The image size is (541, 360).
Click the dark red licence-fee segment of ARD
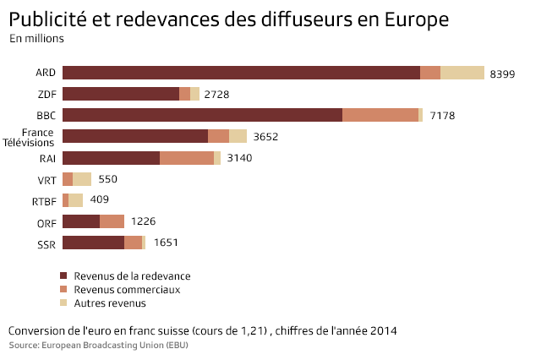pos(241,73)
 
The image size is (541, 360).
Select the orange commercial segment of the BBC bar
pos(380,115)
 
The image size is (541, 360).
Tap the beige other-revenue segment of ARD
pos(462,73)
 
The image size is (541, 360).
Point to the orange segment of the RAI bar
pos(186,158)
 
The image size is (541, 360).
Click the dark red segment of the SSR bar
pos(93,243)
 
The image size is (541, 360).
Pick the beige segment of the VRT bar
pos(82,179)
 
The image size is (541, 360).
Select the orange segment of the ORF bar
pos(112,221)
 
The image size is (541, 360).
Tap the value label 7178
pos(442,116)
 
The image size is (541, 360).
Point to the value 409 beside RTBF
pos(100,200)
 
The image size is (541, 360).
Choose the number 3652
pos(265,137)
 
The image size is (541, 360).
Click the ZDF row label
pos(46,95)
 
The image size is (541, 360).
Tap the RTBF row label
pos(43,201)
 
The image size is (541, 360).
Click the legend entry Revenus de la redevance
pos(132,276)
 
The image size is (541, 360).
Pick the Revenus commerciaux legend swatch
pos(63,290)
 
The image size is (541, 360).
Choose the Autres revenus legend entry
pos(110,303)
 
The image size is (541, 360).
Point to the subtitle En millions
pos(36,39)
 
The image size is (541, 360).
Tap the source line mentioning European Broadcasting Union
pos(98,346)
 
